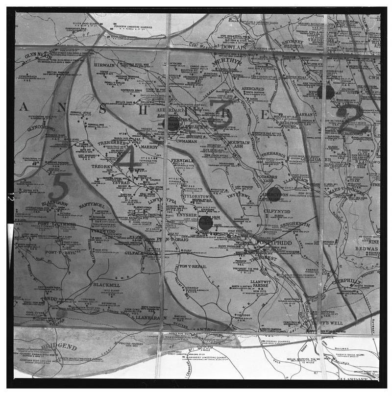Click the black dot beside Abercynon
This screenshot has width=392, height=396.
pos(275,192)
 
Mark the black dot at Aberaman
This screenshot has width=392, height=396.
pos(173,123)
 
